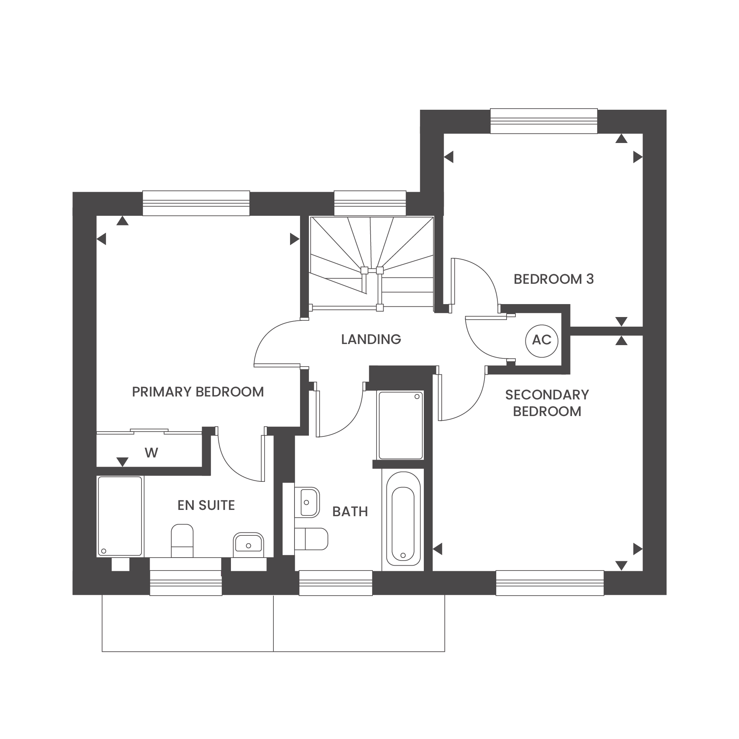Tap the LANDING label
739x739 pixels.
[371, 339]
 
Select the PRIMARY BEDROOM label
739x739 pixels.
[198, 392]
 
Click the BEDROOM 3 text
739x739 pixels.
[554, 279]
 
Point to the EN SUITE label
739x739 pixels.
[206, 505]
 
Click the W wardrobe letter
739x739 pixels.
[151, 453]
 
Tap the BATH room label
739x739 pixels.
[350, 511]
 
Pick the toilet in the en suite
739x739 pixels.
[182, 541]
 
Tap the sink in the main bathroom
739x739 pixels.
[307, 502]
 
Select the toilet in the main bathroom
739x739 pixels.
[311, 539]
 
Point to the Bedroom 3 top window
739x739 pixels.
[544, 121]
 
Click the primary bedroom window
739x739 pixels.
[196, 203]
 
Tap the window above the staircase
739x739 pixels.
[370, 203]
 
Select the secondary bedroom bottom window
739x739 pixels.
[550, 583]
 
